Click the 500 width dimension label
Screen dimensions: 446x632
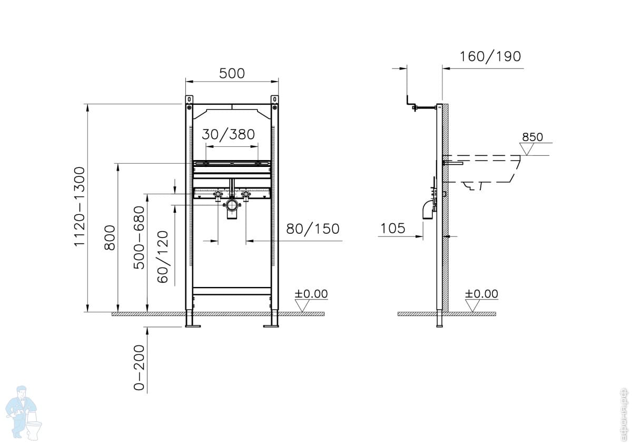click(232, 73)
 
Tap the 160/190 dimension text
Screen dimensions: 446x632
click(490, 56)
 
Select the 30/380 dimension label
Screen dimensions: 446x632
click(229, 134)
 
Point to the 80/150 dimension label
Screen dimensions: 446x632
click(313, 229)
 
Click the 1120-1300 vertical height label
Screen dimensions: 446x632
click(79, 206)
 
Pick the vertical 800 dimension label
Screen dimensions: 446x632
click(110, 237)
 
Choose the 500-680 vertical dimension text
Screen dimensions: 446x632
click(139, 237)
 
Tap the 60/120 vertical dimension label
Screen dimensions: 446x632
click(163, 256)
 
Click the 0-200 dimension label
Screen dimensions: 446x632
click(139, 368)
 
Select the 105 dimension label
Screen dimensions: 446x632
click(392, 228)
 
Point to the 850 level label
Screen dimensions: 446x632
click(532, 137)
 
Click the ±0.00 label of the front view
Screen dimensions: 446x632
click(311, 294)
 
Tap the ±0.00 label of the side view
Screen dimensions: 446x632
click(481, 294)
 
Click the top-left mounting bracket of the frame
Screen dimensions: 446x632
click(189, 100)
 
